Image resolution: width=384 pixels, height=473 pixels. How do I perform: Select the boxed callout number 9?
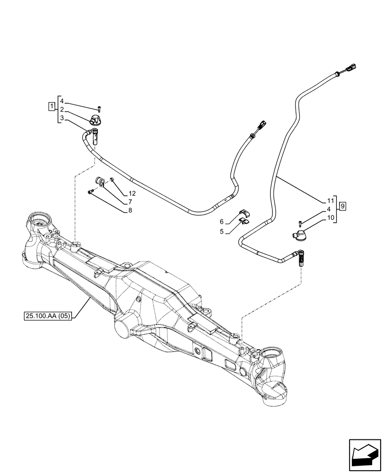[343, 205]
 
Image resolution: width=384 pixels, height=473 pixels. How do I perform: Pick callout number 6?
[222, 222]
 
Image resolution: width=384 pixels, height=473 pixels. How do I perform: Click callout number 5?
[222, 232]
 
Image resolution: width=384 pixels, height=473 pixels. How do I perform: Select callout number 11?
[330, 200]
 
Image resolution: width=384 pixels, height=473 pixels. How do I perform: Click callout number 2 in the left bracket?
[62, 109]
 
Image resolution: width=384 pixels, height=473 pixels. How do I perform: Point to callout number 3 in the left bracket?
[62, 117]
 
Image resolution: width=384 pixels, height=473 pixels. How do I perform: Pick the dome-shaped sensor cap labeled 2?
[96, 119]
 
